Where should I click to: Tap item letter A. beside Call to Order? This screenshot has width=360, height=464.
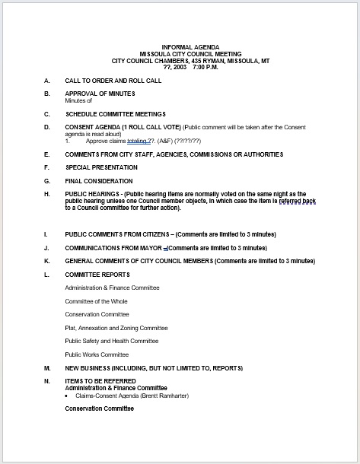pos(47,81)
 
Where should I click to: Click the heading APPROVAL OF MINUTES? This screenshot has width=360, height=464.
pos(100,94)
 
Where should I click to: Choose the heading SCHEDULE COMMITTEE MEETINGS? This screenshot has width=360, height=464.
pos(115,113)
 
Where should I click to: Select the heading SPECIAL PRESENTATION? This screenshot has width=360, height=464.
pos(101,167)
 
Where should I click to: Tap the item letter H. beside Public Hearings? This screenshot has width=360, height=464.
pos(47,195)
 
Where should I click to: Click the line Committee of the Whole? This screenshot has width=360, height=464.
pos(97,301)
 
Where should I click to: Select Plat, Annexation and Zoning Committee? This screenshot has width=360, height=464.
pos(116,328)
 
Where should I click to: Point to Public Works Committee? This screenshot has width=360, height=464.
pos(97,354)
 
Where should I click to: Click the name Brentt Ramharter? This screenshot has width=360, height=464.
pos(164,396)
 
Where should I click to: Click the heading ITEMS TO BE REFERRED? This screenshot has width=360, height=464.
pos(100,381)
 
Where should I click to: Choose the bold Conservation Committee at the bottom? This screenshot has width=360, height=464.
pos(99,409)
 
